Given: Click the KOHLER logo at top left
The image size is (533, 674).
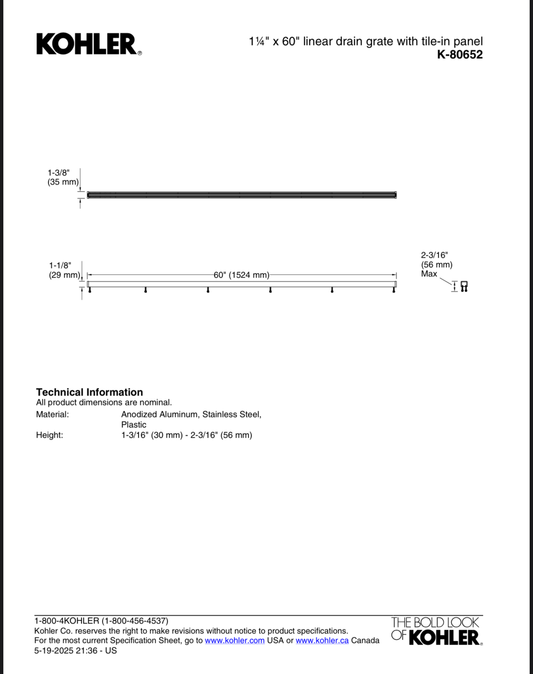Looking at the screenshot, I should [88, 44].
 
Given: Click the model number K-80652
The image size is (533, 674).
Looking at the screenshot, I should [459, 55].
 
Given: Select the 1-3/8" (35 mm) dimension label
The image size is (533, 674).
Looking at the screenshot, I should [62, 177].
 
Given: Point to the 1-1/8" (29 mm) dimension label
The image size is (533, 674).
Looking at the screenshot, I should [64, 270].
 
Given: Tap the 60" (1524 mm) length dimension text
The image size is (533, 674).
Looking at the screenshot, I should [241, 275].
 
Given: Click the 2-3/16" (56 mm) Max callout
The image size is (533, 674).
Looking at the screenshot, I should [436, 264].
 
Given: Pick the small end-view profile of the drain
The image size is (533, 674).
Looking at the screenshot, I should [464, 286].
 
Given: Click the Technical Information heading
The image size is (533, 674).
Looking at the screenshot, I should [89, 392].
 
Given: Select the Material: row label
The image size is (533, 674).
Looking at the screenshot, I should [52, 414].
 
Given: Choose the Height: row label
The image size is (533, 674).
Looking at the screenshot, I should [50, 435].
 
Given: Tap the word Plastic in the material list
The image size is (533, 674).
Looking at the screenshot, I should [133, 425].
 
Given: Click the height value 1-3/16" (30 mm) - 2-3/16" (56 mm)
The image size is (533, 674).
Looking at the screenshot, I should [186, 435].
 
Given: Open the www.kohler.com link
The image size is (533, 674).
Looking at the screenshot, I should [234, 640].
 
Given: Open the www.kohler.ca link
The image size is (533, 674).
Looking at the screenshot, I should [322, 640].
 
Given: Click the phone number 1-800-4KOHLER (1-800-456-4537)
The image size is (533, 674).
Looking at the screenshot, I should [101, 621].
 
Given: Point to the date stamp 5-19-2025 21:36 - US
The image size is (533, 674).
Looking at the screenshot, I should [76, 650].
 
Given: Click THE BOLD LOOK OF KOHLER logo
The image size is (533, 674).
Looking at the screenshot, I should [436, 631].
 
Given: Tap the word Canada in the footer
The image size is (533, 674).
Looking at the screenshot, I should [365, 640].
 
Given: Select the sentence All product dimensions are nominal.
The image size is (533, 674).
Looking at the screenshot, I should [104, 402].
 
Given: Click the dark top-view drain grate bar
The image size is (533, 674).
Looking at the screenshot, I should [242, 195].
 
